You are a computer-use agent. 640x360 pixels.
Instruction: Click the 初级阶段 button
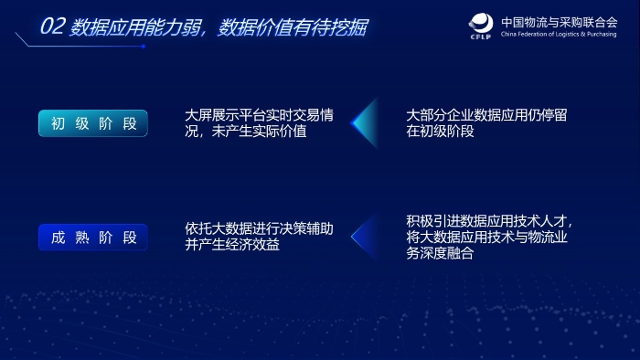pyautogui.click(x=93, y=123)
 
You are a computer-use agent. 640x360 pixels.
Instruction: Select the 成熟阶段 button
pyautogui.click(x=93, y=238)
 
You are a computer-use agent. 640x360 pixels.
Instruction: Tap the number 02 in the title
pyautogui.click(x=52, y=27)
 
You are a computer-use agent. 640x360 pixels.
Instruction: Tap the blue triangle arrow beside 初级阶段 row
pyautogui.click(x=365, y=123)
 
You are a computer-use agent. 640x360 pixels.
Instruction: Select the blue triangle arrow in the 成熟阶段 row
pyautogui.click(x=365, y=238)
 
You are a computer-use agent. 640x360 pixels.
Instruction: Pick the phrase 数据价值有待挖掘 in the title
pyautogui.click(x=293, y=27)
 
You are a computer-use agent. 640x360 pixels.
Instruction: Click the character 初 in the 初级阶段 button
pyautogui.click(x=58, y=123)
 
